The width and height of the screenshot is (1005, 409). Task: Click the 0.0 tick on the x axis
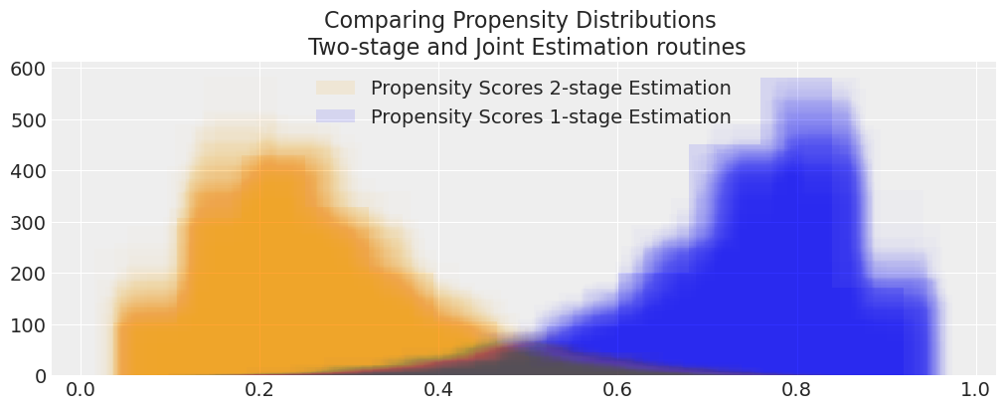(80, 389)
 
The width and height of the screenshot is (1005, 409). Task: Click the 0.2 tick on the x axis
(259, 389)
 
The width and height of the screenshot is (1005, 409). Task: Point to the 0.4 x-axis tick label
(438, 389)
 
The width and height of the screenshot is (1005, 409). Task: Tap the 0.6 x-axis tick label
(617, 389)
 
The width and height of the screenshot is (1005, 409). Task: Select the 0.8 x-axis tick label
(796, 389)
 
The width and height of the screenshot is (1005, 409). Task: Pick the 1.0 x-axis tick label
(975, 389)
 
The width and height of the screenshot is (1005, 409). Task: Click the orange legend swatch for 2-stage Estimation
(335, 89)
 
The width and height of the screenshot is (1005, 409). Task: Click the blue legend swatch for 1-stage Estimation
(335, 116)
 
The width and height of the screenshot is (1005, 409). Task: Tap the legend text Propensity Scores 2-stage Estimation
(551, 89)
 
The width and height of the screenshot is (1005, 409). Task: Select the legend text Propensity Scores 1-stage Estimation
(551, 116)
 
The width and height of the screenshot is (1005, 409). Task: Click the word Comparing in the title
(374, 21)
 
